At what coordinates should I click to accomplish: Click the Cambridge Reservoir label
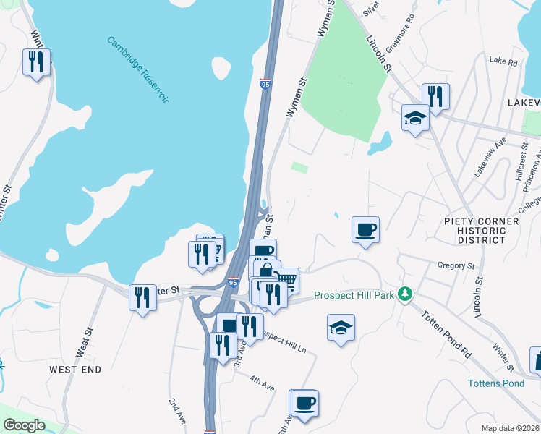138,69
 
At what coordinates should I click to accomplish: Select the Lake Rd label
503,63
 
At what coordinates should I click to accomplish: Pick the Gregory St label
455,266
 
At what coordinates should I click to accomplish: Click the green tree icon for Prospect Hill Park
406,294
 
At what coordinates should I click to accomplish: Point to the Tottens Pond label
495,383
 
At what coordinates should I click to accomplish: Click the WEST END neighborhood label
75,369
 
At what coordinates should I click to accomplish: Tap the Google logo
24,425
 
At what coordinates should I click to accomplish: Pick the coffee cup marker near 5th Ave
304,403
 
